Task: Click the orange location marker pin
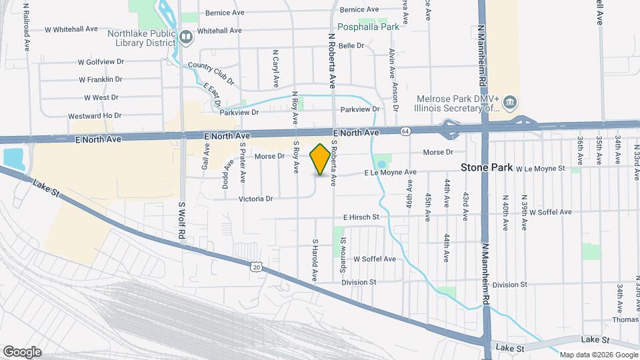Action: [x=320, y=160]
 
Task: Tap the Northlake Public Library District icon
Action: [x=186, y=37]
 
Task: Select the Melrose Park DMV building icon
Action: [x=510, y=102]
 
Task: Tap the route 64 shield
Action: [x=405, y=131]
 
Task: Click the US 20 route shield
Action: [x=257, y=267]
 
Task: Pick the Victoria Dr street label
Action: [x=256, y=199]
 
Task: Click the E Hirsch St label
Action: [x=361, y=217]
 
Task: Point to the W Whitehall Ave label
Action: [x=71, y=30]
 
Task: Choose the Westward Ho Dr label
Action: [x=95, y=115]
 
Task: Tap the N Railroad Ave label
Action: [x=27, y=26]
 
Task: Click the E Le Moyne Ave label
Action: [x=390, y=173]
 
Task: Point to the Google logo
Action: [x=22, y=352]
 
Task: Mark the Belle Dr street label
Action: [x=351, y=46]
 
